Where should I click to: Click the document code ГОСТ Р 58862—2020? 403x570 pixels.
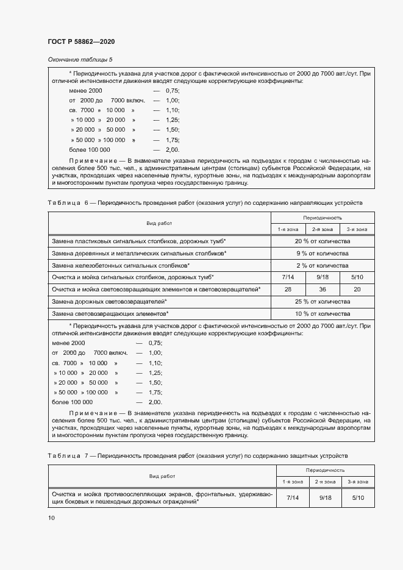coord(81,41)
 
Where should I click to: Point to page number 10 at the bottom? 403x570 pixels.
coord(51,518)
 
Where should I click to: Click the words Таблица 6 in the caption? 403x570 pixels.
coord(69,202)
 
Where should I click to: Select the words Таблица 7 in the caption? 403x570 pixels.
coord(69,455)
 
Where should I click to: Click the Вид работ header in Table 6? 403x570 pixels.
coord(159,223)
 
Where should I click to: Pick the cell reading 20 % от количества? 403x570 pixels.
coord(322,241)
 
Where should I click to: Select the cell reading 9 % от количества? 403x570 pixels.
coord(322,253)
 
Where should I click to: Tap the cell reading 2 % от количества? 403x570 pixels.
coord(322,265)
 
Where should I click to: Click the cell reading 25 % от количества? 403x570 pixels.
coord(322,301)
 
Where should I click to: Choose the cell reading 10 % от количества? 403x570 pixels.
coord(322,313)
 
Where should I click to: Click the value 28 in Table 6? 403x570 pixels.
coord(287,289)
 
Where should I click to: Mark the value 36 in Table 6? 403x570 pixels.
coord(322,289)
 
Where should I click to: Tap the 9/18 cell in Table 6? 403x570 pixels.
coord(322,277)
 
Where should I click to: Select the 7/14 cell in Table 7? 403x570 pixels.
coord(291,498)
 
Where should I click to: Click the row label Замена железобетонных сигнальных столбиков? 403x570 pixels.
coord(121,265)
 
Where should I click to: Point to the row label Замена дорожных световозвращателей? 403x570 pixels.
coord(110,301)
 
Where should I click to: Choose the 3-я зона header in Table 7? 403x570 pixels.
coord(357,482)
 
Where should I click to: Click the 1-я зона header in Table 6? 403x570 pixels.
coord(287,229)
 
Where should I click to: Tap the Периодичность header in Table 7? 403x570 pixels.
coord(325,470)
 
